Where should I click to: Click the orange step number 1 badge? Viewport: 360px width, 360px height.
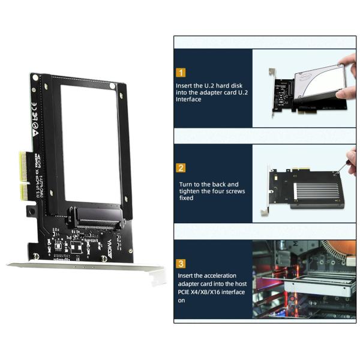click(181, 73)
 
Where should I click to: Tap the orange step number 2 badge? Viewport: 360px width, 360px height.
click(181, 168)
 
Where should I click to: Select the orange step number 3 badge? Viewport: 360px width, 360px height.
click(181, 263)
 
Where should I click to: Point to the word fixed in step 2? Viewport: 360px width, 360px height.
click(185, 197)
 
